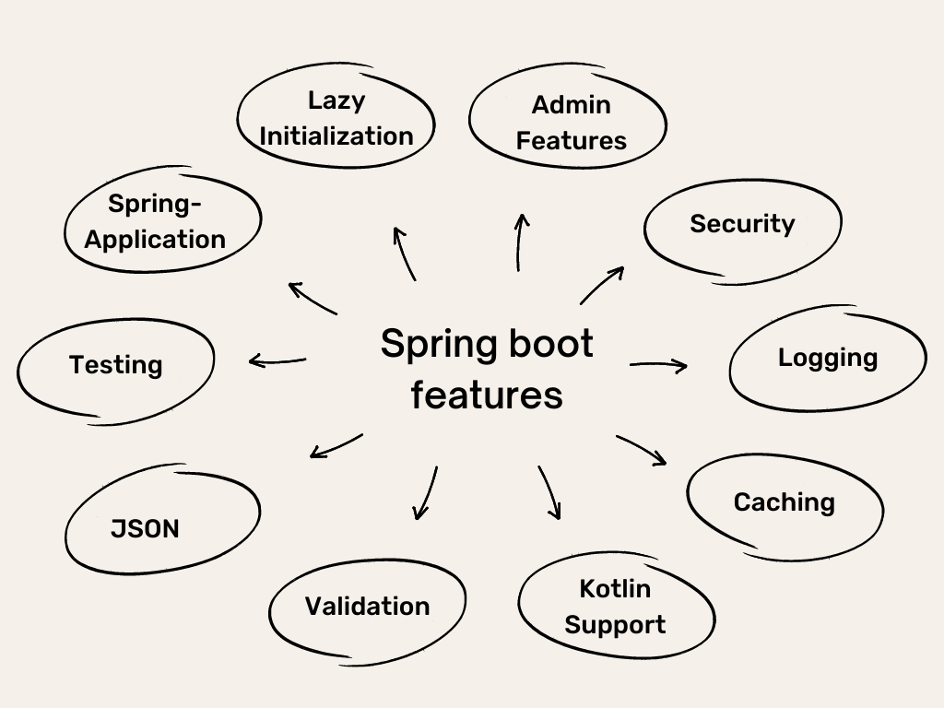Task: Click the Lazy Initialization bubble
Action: pos(336,118)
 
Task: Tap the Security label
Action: pos(742,224)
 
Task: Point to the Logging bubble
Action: pos(828,358)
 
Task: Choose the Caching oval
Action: pos(785,502)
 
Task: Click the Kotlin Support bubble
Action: pos(615,607)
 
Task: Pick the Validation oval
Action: pos(367,607)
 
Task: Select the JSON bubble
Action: pos(146,529)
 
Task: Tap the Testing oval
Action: pos(116,365)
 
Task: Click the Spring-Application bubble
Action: pos(155,221)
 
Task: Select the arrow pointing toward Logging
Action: pos(658,366)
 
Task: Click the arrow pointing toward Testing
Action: pos(277,360)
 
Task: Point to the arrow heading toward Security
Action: pos(602,286)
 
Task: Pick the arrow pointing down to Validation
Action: pos(425,493)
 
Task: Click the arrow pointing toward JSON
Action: pos(336,446)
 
